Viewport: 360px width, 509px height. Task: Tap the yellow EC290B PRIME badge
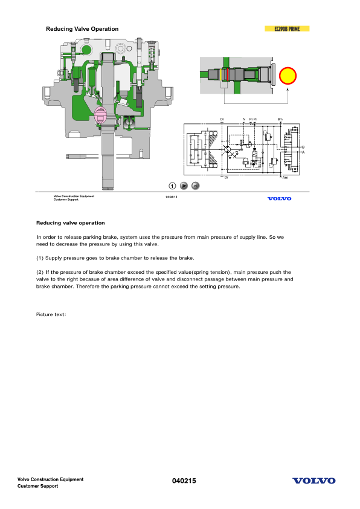[288, 29]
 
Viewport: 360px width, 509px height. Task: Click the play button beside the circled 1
[184, 186]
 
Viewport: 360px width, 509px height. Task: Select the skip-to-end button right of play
[195, 186]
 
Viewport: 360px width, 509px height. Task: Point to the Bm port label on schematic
[280, 120]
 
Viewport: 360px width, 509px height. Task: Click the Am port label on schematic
[284, 178]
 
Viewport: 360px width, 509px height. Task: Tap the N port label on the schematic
[243, 120]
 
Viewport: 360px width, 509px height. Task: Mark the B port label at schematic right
[303, 147]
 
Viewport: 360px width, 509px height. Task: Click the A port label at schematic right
[303, 152]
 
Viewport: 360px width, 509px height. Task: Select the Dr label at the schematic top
[222, 120]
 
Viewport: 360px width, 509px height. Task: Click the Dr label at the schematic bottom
[226, 178]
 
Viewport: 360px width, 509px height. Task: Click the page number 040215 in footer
[182, 481]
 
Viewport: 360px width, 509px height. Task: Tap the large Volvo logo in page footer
[313, 481]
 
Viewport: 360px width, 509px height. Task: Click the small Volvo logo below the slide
[278, 198]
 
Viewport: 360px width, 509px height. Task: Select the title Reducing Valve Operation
[82, 29]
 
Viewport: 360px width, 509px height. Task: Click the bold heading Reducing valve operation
[71, 223]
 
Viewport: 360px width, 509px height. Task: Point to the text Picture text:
[51, 314]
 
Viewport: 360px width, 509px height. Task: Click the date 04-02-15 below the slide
[171, 196]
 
